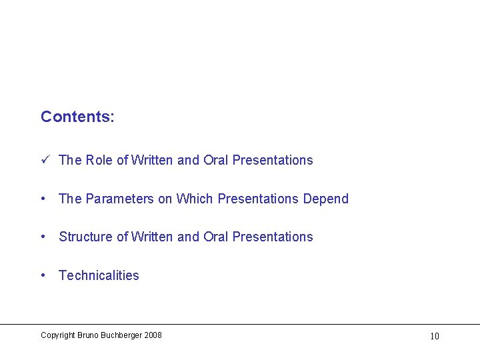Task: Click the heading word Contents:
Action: click(77, 117)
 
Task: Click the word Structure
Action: click(85, 237)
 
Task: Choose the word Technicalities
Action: click(99, 275)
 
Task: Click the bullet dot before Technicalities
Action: click(43, 275)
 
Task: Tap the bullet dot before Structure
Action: click(43, 237)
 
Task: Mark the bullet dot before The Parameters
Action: click(43, 199)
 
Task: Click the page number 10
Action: click(434, 336)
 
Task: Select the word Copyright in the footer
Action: click(57, 335)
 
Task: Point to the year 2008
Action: click(153, 335)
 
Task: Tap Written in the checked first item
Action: click(153, 160)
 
